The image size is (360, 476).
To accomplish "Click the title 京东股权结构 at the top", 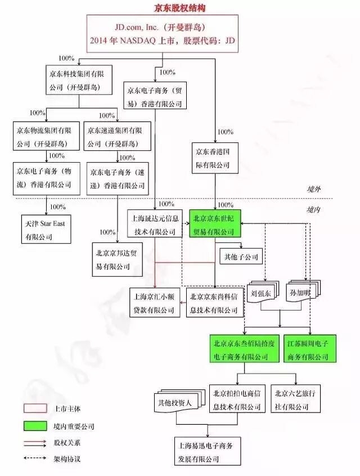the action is point(180,7).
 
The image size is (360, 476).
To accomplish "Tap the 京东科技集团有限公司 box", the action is point(80,79).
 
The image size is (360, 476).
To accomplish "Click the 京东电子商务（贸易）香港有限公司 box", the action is point(154,96).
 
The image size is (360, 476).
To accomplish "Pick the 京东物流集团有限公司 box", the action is point(44,136).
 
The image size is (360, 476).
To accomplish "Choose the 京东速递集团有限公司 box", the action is point(117,136).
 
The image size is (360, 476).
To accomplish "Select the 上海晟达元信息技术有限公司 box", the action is point(153,223).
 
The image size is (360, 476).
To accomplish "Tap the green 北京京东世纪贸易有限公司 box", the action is point(215,223).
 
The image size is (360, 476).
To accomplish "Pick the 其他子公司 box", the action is point(240,257).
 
